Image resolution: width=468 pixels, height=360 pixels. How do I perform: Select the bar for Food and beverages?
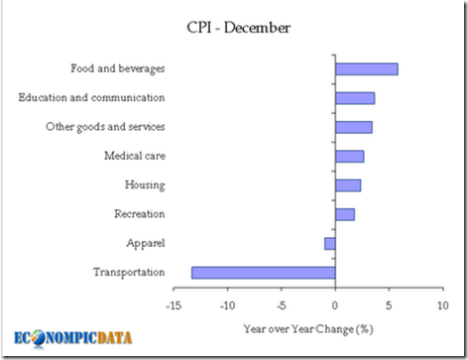(x=366, y=68)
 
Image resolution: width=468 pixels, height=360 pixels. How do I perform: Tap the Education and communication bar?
(x=354, y=97)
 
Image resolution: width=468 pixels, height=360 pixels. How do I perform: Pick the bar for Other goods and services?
(x=353, y=127)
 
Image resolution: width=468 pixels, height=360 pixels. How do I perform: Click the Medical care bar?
(x=349, y=156)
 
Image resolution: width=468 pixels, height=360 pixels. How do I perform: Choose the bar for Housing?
(x=347, y=184)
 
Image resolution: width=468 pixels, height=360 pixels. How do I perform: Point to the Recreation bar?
(x=344, y=214)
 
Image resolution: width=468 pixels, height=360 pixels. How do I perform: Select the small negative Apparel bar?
(x=330, y=243)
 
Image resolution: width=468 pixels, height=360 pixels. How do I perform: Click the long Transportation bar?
(x=263, y=272)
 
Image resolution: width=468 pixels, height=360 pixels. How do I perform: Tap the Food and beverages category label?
(x=117, y=68)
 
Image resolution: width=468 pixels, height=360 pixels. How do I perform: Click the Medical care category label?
(x=134, y=156)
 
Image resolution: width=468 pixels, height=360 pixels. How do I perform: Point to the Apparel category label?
(x=145, y=243)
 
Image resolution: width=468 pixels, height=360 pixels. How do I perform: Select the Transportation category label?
(x=128, y=272)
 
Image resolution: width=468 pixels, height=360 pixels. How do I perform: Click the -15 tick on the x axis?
(x=174, y=304)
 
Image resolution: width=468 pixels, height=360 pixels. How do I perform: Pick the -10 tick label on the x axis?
(x=227, y=304)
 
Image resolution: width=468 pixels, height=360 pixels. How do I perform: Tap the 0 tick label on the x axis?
(x=335, y=304)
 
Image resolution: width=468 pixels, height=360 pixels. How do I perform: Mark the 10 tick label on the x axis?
(x=442, y=304)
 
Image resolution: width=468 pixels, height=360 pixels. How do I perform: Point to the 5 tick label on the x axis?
(x=389, y=304)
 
